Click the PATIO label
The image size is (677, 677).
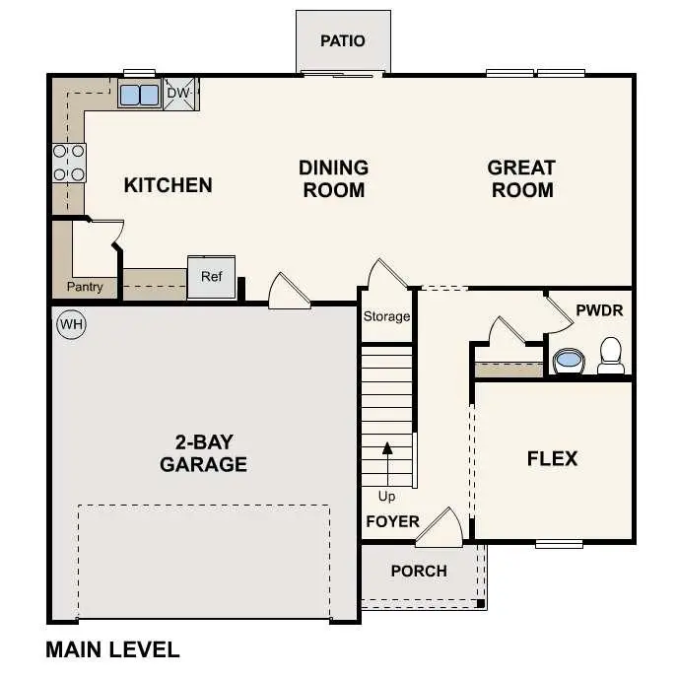pos(343,41)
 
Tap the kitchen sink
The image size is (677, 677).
pos(139,95)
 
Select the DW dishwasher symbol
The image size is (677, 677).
pos(178,94)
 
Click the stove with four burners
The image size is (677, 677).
pos(68,163)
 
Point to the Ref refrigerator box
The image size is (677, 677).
pos(212,277)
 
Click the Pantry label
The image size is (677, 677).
pos(85,288)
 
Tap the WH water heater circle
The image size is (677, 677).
pos(71,323)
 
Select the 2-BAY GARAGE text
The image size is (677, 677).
pos(203,452)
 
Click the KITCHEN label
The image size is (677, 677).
pos(168,185)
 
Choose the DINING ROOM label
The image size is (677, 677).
pos(333,179)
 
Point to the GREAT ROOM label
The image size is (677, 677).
pos(521,179)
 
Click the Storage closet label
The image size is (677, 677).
pos(386,316)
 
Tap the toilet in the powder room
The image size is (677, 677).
pos(611,356)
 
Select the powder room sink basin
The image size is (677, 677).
pos(569,361)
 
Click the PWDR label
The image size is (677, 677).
pos(599,310)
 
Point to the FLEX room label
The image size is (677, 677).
pos(552,458)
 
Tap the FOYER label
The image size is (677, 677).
pos(392,521)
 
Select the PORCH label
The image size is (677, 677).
pos(419,571)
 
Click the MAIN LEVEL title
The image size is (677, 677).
pos(112,649)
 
